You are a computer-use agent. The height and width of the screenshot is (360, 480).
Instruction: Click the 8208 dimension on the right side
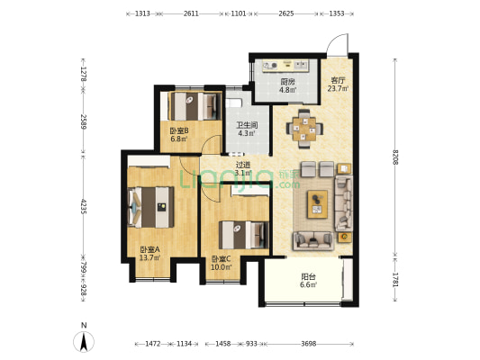pos(395,157)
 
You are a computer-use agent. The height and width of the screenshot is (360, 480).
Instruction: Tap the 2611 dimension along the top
pos(191,13)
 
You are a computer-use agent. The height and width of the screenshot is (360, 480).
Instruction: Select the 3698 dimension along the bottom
pos(308,344)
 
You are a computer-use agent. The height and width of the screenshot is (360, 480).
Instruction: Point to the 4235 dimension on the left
pos(83,206)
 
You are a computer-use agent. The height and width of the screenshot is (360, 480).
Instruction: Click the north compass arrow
pos(84,342)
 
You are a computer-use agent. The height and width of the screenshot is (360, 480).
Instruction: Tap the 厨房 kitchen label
pos(288,82)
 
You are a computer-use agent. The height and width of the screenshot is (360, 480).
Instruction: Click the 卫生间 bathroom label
pos(247,125)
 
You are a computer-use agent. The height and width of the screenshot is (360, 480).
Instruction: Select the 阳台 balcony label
pos(308,277)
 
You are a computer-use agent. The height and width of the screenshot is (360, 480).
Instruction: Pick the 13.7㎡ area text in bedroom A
pos(149,257)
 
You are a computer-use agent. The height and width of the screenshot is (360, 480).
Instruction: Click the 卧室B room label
pos(179,131)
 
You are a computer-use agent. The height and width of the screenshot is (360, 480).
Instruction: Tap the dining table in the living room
pos(304,129)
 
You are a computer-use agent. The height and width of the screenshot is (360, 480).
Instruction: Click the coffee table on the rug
pos(318,204)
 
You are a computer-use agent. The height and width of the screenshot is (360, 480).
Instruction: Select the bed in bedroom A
pos(150,207)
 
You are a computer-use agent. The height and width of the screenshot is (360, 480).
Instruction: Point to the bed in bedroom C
pos(244,235)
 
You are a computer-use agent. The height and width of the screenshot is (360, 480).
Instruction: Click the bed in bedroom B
pos(195,106)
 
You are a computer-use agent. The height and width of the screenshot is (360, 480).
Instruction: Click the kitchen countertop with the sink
pos(285,66)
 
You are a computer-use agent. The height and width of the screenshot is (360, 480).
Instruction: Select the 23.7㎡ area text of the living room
pos(338,89)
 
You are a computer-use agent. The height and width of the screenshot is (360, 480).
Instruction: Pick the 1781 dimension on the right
pos(395,280)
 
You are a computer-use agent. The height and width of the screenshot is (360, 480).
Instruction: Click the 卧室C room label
pos(222,259)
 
